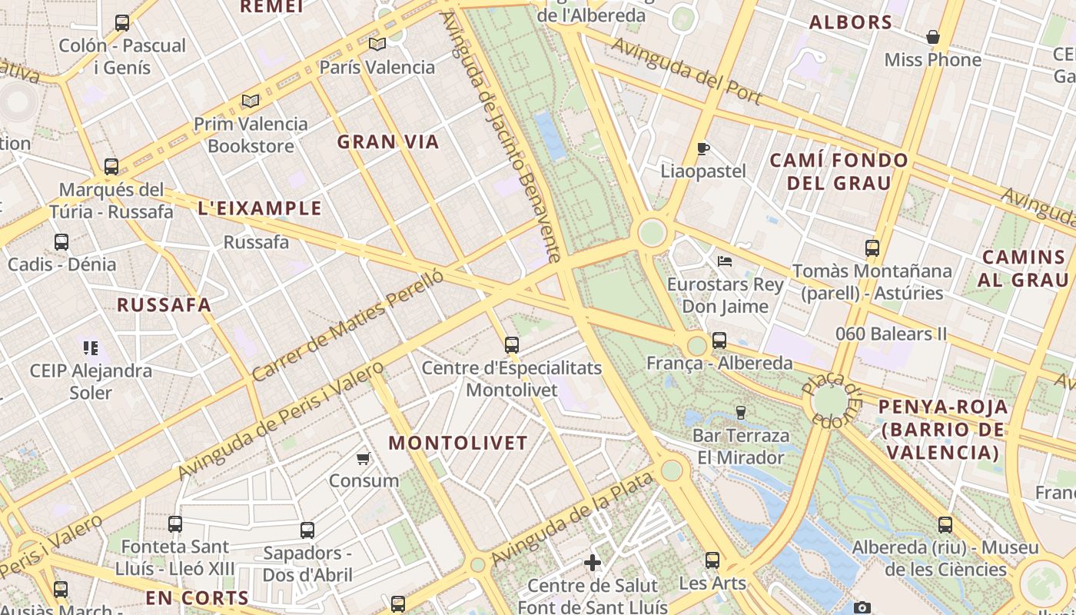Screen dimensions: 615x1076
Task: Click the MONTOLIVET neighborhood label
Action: (x=458, y=443)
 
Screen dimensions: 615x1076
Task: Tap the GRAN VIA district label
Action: (x=388, y=141)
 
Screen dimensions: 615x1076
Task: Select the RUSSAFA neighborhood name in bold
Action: (x=164, y=304)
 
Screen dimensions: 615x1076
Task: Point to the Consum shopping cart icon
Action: (x=364, y=459)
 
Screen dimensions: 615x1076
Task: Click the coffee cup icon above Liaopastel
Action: (x=702, y=148)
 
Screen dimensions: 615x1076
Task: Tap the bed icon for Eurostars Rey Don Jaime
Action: (x=724, y=261)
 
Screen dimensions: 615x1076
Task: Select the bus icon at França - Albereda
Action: (x=719, y=340)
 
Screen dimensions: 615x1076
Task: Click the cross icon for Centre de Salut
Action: (x=593, y=563)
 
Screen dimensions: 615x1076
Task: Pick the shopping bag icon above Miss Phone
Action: (x=933, y=37)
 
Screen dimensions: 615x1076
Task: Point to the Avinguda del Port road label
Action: (x=686, y=71)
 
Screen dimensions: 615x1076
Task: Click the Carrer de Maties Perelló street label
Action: (x=348, y=325)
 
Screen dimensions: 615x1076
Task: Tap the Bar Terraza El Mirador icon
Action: (x=741, y=413)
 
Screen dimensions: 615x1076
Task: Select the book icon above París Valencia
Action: (x=377, y=44)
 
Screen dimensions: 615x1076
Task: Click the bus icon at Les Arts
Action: (x=712, y=560)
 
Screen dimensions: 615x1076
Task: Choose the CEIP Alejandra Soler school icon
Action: (x=91, y=348)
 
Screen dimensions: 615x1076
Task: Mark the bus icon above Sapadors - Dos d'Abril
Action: (x=307, y=530)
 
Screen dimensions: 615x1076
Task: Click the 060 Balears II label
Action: (x=892, y=334)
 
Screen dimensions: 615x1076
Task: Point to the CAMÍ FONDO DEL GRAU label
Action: (x=839, y=171)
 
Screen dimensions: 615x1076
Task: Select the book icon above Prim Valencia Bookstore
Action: (x=251, y=101)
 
